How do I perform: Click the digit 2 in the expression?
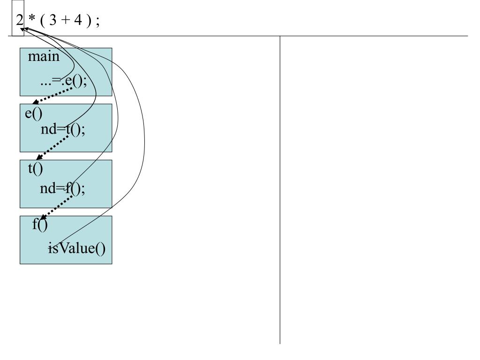pos(20,20)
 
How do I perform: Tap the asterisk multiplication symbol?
pos(32,18)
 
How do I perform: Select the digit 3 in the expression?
pos(52,20)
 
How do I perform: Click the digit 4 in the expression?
pos(78,20)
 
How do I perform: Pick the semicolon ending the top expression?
pos(97,22)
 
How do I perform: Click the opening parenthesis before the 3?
pos(43,21)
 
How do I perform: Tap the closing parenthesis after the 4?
pos(89,21)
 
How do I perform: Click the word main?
pos(44,57)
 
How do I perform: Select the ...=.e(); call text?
pos(64,81)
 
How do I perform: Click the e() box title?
pos(34,113)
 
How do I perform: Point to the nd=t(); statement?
pos(63,129)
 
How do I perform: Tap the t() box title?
pos(36,169)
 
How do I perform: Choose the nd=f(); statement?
pos(62,188)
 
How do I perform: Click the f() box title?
pos(40,225)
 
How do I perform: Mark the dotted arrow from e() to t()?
pos(52,148)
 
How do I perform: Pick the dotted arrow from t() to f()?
pos(56,207)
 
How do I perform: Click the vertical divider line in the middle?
pos(280,190)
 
